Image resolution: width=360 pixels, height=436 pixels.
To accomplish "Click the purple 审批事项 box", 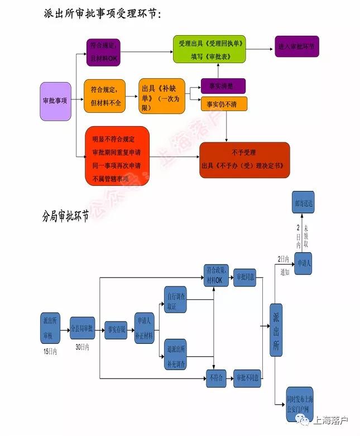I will (x=55, y=101).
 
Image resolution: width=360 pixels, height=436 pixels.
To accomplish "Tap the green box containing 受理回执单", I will (x=209, y=49).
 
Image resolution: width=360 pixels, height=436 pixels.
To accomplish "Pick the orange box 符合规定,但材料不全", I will (x=104, y=96).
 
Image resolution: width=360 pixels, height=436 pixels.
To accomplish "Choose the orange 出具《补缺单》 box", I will (x=161, y=96).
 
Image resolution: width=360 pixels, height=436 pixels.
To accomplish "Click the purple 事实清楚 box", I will (x=223, y=86).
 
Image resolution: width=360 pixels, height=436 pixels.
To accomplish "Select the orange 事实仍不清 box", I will (x=223, y=104).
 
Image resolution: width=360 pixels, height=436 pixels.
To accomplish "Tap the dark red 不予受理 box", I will (x=244, y=160).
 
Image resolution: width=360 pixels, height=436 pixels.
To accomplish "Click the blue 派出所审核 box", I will (x=51, y=328).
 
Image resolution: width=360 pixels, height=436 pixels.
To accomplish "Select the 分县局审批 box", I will (x=83, y=328).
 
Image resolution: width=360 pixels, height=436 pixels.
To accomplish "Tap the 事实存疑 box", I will (x=116, y=329).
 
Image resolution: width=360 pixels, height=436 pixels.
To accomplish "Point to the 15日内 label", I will (x=50, y=351).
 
